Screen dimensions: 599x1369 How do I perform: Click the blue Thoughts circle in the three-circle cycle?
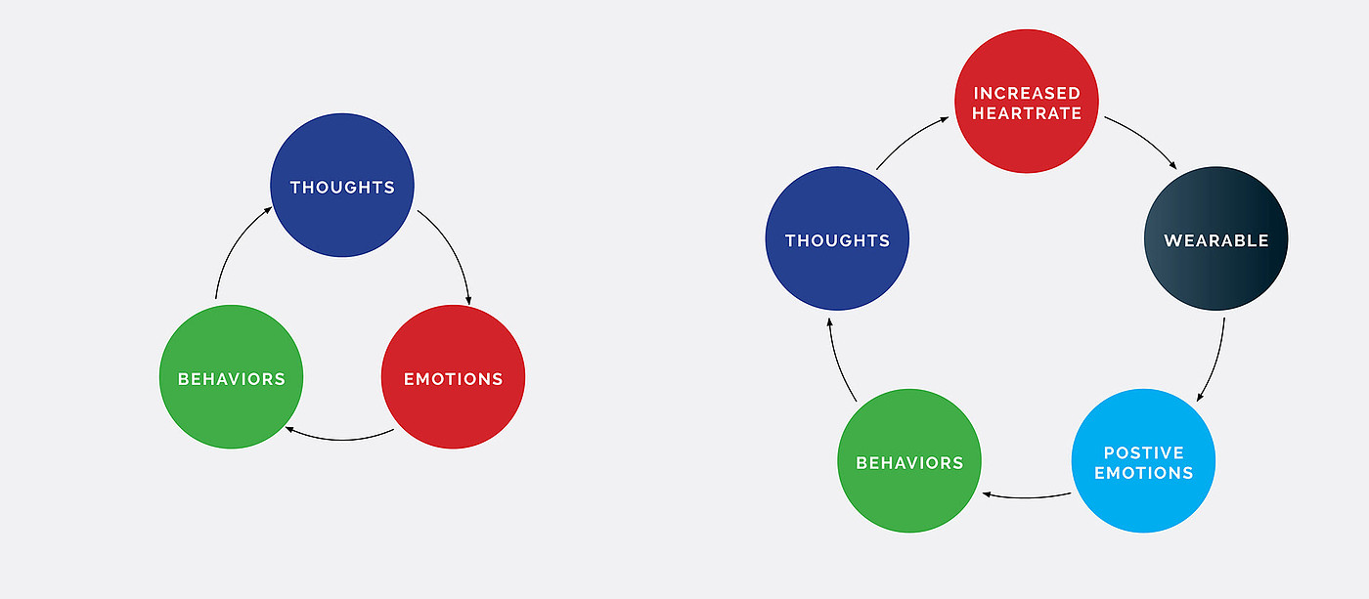(342, 186)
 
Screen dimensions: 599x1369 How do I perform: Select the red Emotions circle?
(453, 378)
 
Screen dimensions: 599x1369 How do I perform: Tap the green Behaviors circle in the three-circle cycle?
(231, 378)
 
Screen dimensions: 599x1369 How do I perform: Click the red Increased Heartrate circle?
(1027, 103)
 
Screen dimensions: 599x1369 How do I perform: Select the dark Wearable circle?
(1215, 239)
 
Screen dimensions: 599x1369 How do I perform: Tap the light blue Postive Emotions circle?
(1143, 461)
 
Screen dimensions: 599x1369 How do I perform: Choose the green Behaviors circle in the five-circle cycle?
(909, 462)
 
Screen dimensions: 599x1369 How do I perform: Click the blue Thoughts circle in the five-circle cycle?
(837, 239)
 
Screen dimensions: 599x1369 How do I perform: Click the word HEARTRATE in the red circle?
(1027, 113)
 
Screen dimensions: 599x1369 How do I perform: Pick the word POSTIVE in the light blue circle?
(1143, 452)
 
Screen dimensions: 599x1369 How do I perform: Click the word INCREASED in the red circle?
(1027, 93)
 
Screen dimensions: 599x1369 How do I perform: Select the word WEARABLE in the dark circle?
(1215, 240)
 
